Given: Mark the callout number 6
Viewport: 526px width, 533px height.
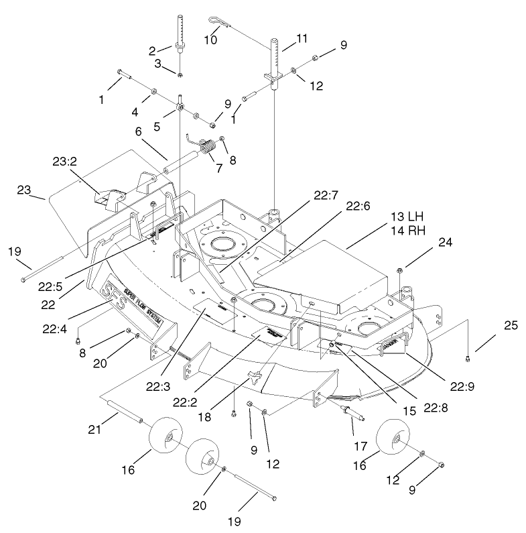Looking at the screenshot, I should (138, 133).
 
